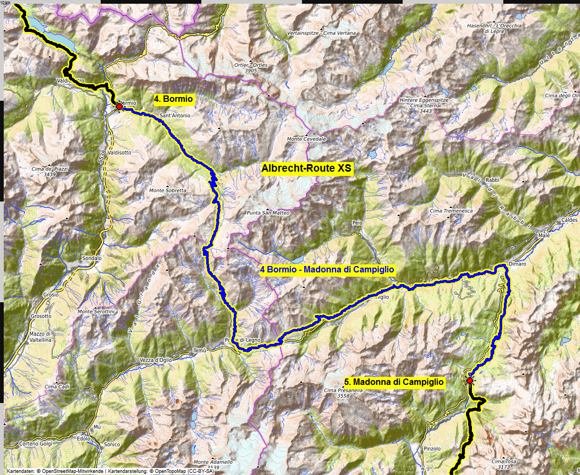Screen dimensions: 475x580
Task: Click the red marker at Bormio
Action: click(119, 107)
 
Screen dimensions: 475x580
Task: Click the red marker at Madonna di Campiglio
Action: click(469, 381)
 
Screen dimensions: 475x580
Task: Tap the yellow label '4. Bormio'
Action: click(174, 99)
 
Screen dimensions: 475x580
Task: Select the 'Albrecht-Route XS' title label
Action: click(307, 168)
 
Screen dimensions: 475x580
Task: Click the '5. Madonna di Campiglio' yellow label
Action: click(394, 382)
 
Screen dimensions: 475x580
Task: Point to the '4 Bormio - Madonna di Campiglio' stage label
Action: click(327, 270)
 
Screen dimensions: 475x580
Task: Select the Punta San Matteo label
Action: click(268, 213)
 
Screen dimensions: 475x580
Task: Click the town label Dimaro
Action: click(517, 264)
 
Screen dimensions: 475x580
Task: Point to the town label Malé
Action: click(543, 235)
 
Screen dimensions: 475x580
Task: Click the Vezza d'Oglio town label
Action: click(157, 360)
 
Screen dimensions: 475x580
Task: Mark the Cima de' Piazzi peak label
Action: click(50, 171)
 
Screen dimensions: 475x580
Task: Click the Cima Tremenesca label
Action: click(451, 211)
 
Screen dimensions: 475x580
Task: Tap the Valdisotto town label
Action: click(119, 152)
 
